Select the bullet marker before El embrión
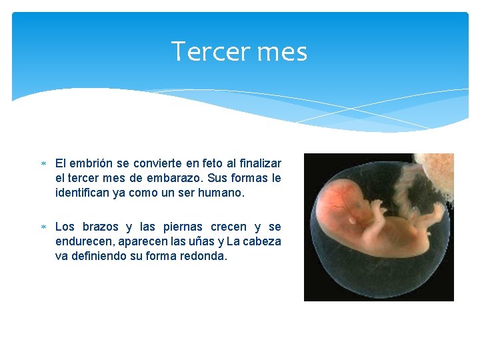point(43,163)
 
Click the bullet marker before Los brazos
point(43,227)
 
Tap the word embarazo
point(175,179)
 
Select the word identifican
point(83,193)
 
